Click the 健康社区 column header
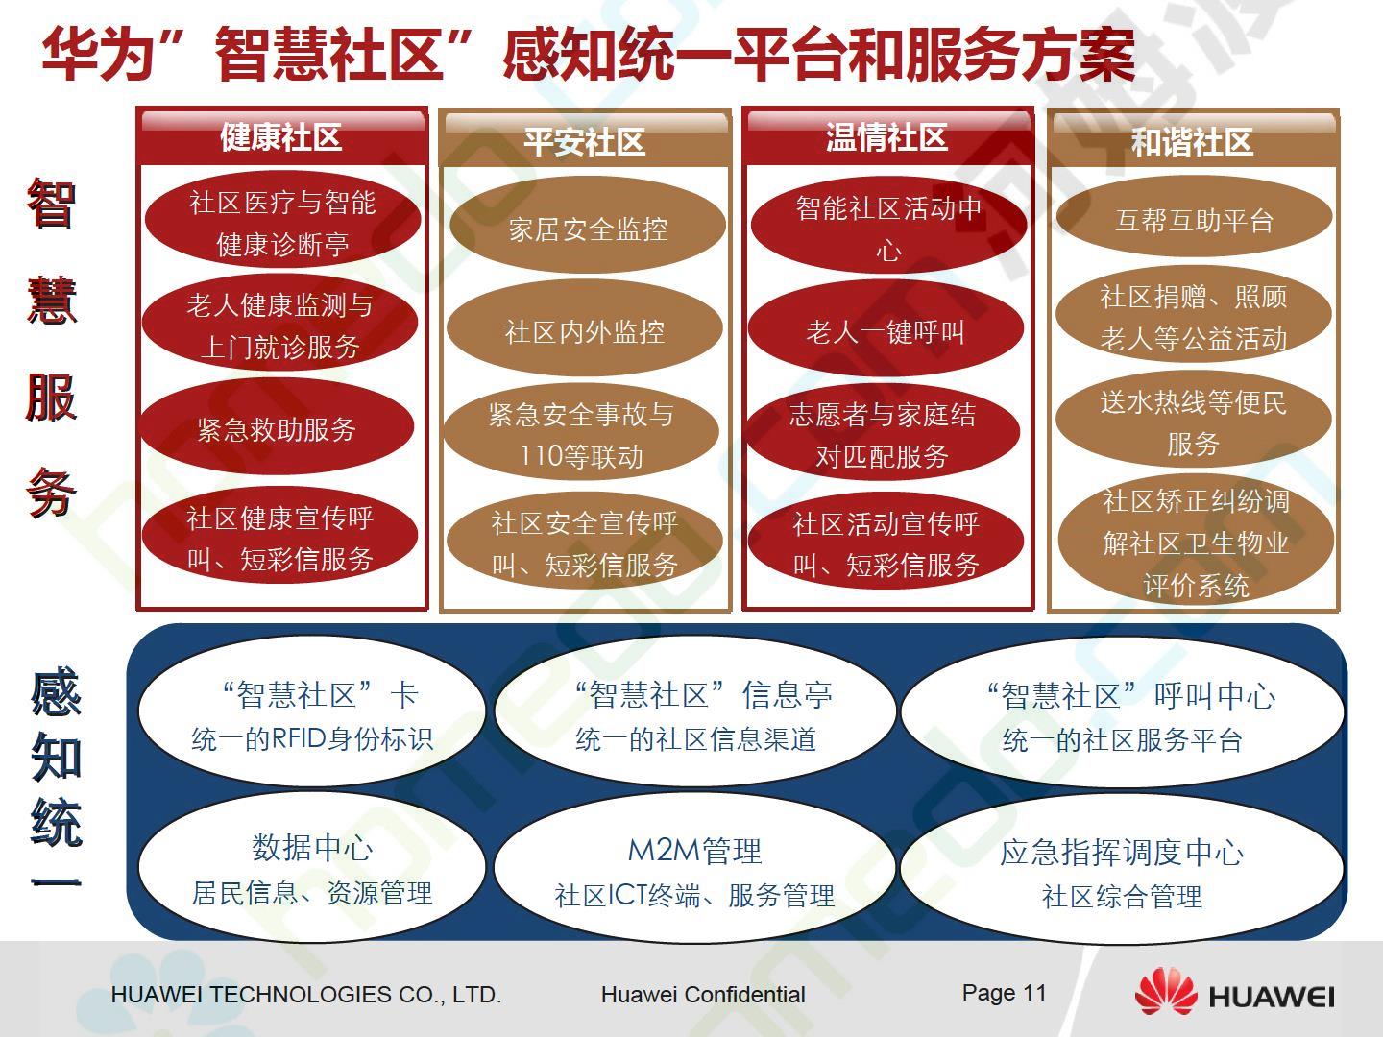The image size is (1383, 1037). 281,136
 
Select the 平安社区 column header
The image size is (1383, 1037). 585,139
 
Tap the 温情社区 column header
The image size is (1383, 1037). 887,136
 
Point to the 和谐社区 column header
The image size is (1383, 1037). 1193,140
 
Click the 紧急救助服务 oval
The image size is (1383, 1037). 278,427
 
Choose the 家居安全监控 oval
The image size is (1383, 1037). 587,226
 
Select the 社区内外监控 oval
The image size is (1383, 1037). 584,328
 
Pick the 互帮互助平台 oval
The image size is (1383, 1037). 1194,217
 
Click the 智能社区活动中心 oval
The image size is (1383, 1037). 888,226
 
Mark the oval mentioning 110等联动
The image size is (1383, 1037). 581,432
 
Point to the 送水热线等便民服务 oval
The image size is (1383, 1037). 1194,420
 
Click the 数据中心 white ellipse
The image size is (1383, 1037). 312,868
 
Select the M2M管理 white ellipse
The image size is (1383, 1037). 694,868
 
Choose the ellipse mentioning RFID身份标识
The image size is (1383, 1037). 312,712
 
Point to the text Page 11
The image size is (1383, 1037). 1004,993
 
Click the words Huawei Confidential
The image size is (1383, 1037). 703,994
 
